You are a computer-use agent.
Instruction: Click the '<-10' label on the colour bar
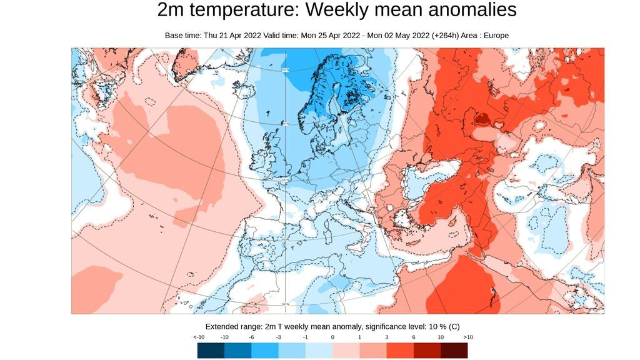click(199, 337)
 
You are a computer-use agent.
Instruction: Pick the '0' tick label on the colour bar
click(332, 337)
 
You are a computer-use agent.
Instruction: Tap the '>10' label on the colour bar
click(467, 337)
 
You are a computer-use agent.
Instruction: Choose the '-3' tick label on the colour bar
click(279, 337)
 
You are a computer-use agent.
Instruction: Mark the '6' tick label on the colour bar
click(413, 337)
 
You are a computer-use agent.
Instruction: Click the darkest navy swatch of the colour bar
click(211, 351)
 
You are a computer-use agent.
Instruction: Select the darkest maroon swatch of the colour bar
click(454, 351)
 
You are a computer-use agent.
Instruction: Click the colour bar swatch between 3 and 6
click(400, 351)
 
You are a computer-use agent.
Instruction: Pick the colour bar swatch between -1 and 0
click(319, 351)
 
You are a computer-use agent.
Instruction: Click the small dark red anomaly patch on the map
click(482, 117)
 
